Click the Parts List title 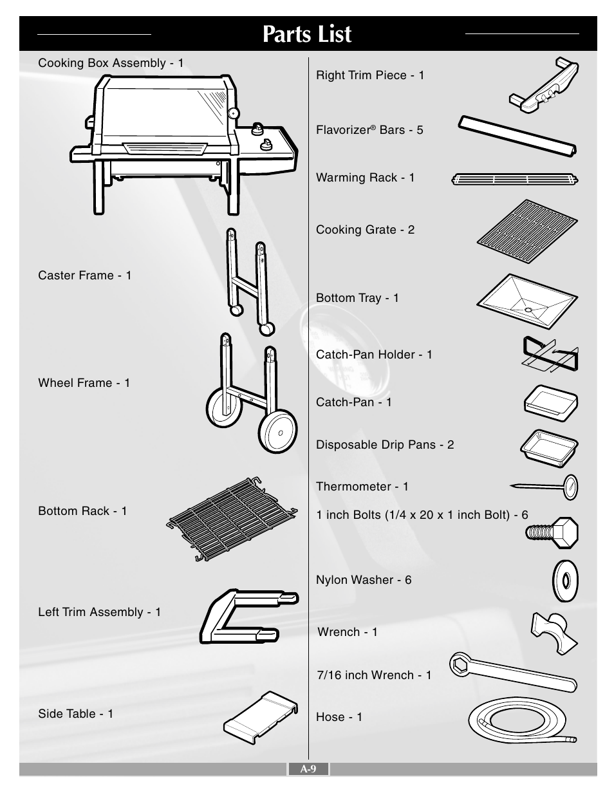click(x=307, y=34)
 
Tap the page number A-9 click(x=308, y=769)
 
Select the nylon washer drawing click(x=565, y=581)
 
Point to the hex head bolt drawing click(x=552, y=532)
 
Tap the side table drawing click(x=261, y=717)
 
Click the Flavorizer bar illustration click(x=517, y=136)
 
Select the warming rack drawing click(x=515, y=179)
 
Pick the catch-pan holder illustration click(x=550, y=354)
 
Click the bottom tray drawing click(x=527, y=301)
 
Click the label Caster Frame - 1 click(x=84, y=275)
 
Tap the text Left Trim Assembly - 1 click(x=100, y=612)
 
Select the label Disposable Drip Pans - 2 click(x=385, y=445)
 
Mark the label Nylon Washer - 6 click(x=364, y=580)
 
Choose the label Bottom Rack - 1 click(x=82, y=510)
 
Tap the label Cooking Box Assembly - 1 click(x=111, y=63)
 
